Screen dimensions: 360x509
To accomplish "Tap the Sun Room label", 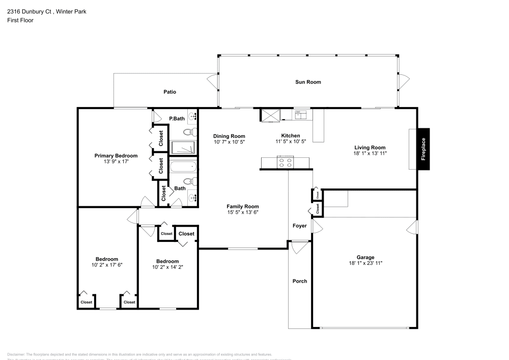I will [308, 82].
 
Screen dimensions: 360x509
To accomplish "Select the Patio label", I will [169, 92].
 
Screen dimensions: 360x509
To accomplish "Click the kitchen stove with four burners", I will [285, 163].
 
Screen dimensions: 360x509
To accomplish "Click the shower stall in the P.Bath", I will [183, 148].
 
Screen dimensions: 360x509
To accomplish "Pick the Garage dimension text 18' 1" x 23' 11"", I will [365, 263].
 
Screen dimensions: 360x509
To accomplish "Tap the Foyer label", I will [299, 226].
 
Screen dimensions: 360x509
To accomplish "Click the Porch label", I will [300, 281].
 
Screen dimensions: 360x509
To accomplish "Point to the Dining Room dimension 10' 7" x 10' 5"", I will [229, 142].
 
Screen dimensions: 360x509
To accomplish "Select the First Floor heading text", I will [20, 20].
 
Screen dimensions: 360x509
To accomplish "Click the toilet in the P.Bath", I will [189, 132].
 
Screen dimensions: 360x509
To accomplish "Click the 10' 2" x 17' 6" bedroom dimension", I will [107, 265].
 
